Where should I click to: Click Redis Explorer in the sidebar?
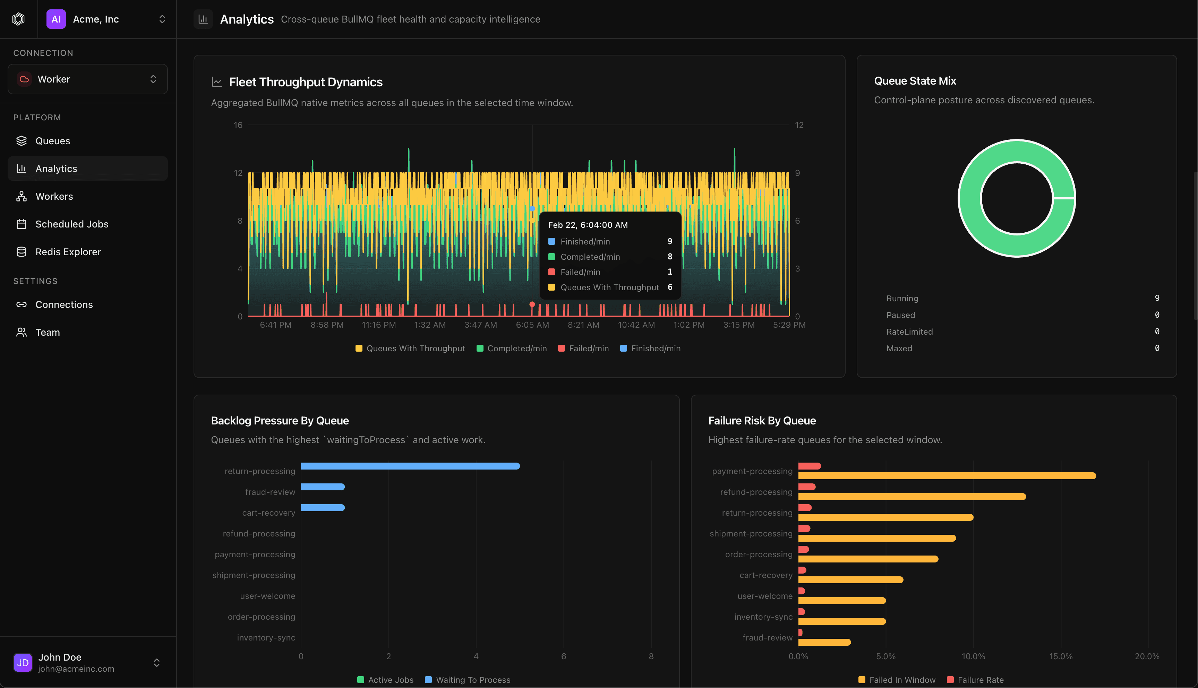tap(68, 252)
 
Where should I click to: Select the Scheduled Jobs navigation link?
tap(72, 224)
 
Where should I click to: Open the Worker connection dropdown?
tap(87, 79)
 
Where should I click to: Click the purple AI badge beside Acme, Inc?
tap(56, 19)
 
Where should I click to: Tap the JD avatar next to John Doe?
tap(23, 662)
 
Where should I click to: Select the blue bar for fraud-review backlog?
tap(323, 487)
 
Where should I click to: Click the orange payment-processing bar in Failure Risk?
tap(947, 476)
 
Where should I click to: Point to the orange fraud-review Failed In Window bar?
tap(824, 642)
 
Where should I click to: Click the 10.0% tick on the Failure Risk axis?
tap(973, 656)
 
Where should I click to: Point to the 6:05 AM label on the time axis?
tap(532, 325)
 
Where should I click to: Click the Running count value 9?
tap(1156, 298)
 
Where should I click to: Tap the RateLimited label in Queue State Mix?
tap(909, 332)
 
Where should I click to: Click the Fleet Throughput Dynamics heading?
tap(305, 82)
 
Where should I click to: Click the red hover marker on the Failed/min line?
tap(532, 304)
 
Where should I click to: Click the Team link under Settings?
tap(47, 332)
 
